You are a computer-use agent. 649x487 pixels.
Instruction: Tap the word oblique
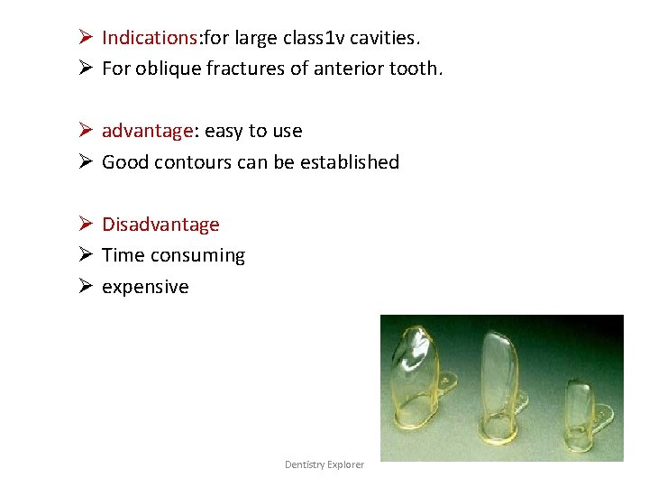click(166, 69)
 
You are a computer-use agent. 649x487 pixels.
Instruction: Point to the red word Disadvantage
click(160, 225)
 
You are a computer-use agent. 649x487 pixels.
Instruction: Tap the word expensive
click(145, 288)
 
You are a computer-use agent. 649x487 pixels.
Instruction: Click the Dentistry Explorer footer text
click(324, 464)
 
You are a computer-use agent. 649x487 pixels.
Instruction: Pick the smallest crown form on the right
click(580, 410)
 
